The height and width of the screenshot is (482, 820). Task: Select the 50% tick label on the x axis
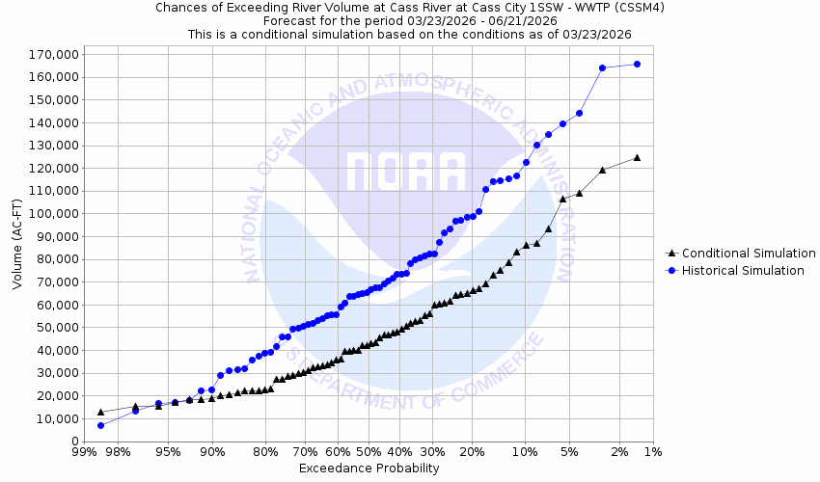pyautogui.click(x=369, y=451)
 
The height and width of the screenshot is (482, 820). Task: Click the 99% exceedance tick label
pyautogui.click(x=84, y=451)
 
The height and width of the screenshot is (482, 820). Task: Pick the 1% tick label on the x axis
pyautogui.click(x=653, y=451)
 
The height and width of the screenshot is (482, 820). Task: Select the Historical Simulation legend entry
pyautogui.click(x=743, y=271)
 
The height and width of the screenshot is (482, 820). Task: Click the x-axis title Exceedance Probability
pyautogui.click(x=369, y=469)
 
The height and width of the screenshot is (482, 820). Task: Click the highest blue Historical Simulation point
pyautogui.click(x=637, y=65)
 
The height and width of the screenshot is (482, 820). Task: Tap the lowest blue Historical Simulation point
pyautogui.click(x=100, y=425)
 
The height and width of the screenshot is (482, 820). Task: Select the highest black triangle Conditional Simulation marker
pyautogui.click(x=637, y=157)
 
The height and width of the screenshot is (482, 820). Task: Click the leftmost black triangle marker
pyautogui.click(x=100, y=412)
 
